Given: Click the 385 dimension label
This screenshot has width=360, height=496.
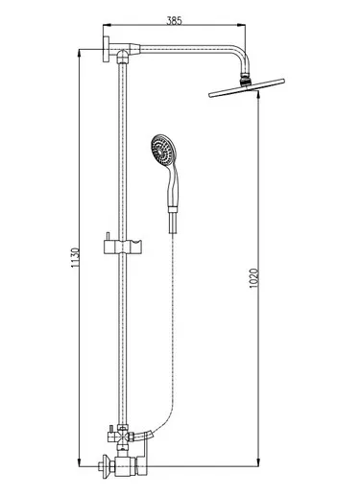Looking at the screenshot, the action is (175, 20).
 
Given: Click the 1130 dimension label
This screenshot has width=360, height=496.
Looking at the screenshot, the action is (75, 258).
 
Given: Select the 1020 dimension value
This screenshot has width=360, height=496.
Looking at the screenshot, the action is (253, 278).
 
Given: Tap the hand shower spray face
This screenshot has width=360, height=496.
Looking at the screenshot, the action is (163, 150).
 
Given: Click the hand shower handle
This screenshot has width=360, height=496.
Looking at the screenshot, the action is (173, 186).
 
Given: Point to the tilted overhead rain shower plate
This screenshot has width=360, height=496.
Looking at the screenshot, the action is (247, 88).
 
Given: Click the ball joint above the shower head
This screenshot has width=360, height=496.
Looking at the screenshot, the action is (245, 80).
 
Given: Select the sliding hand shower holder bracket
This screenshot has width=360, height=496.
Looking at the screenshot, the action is (123, 247).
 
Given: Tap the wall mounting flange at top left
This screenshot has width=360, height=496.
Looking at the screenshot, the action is (106, 49).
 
